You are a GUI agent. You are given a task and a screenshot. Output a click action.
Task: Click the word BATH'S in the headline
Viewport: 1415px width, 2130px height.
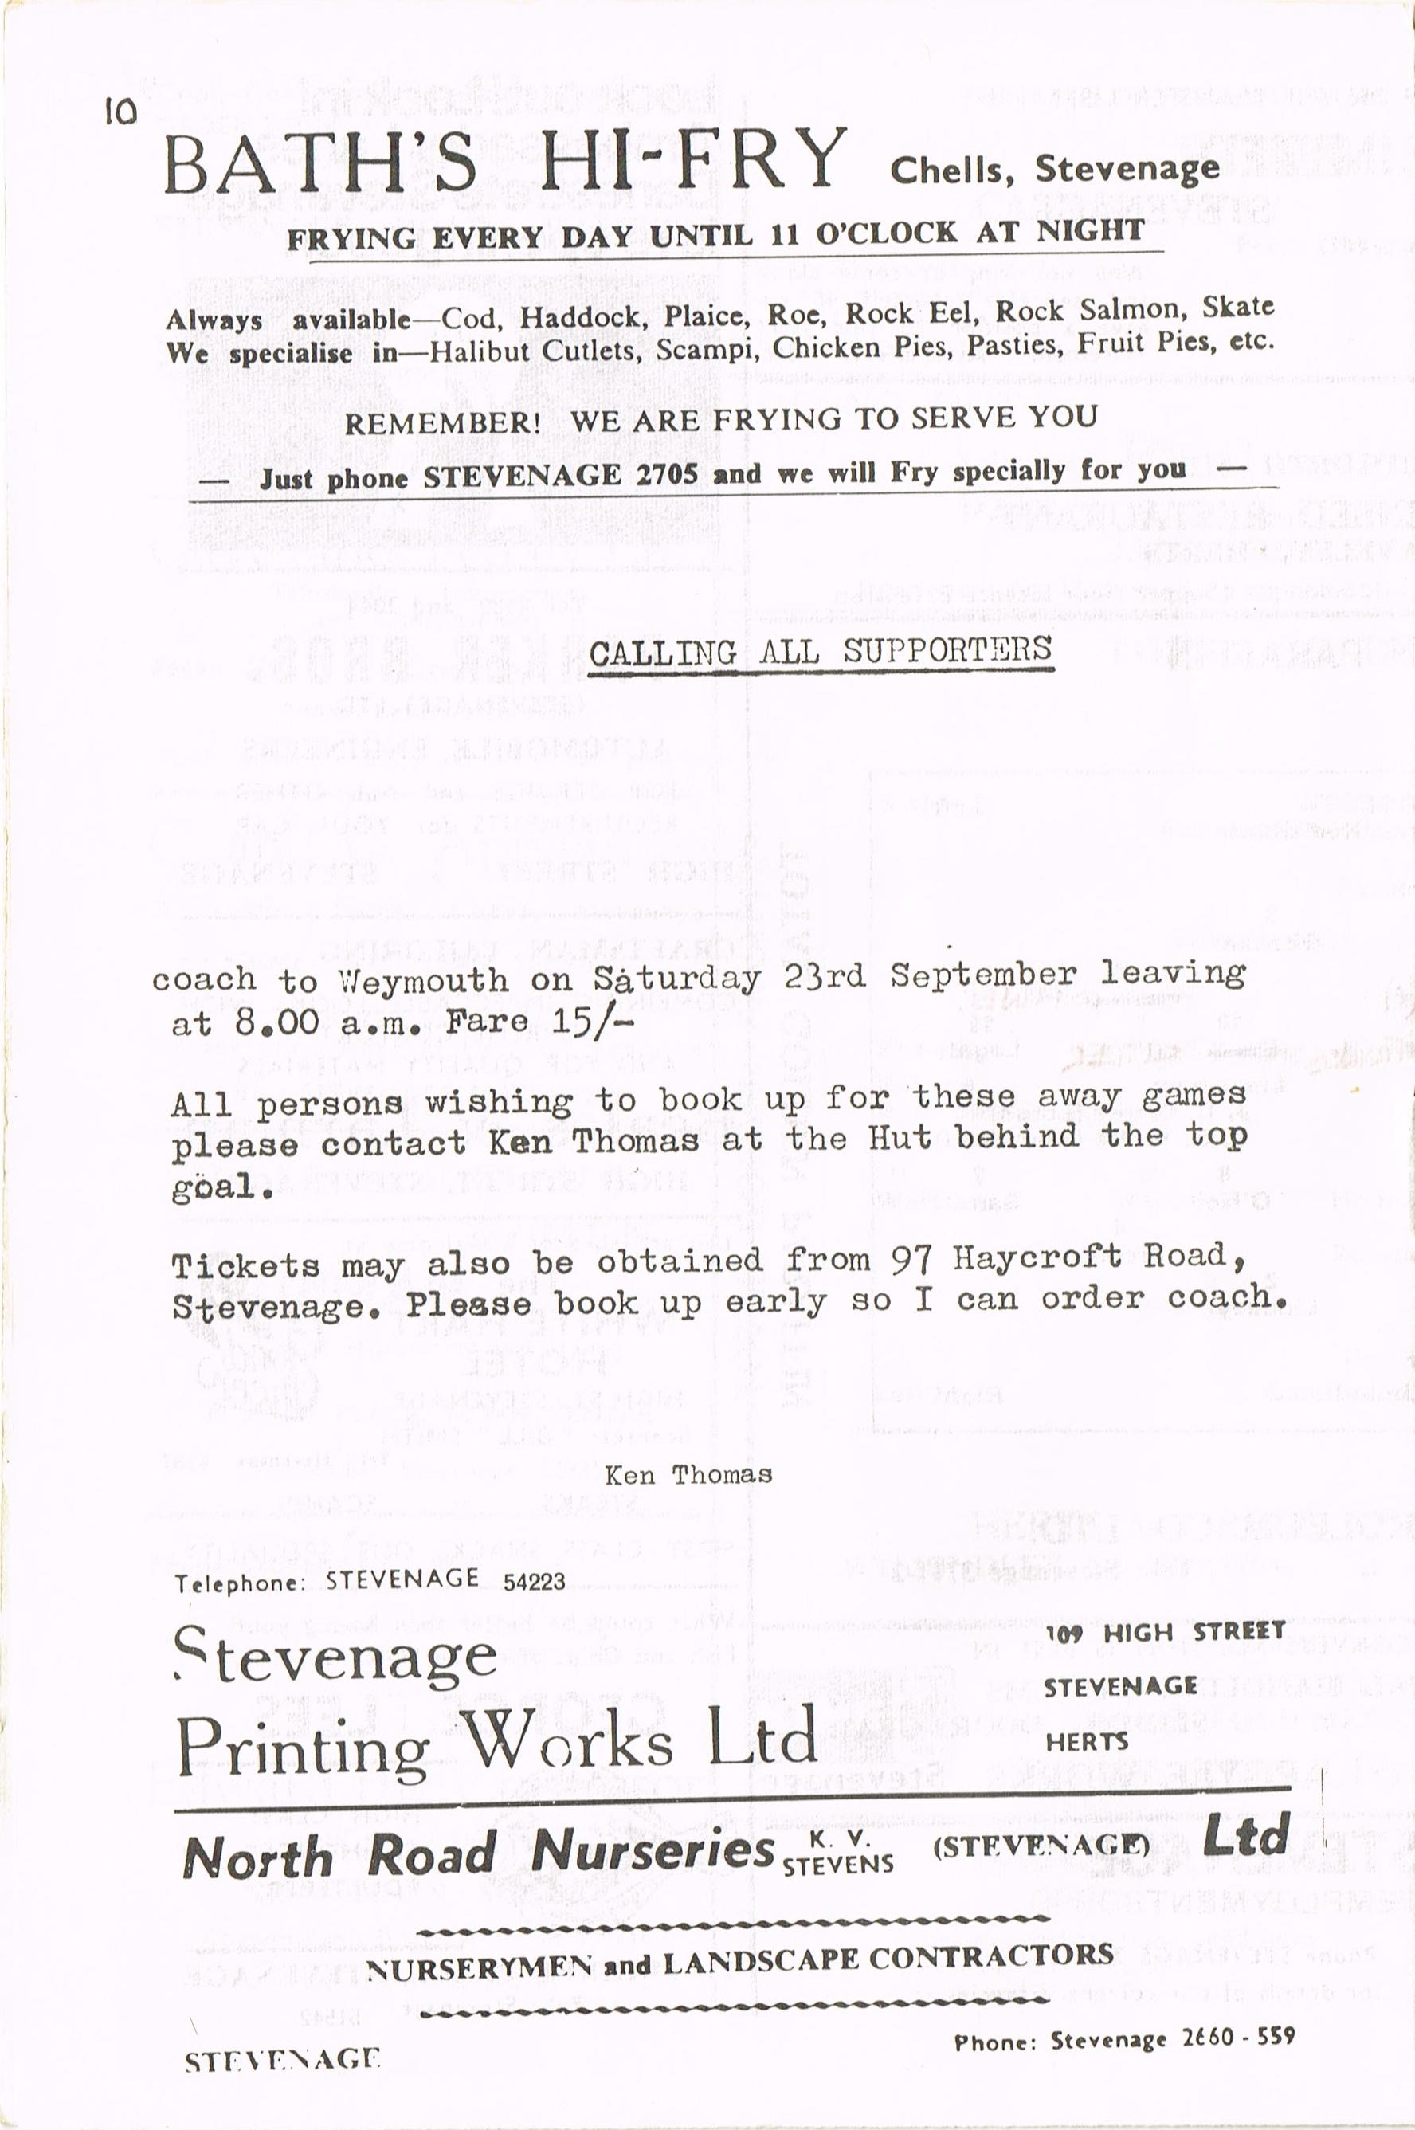click(320, 162)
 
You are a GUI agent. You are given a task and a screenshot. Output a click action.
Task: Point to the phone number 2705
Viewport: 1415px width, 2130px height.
click(667, 475)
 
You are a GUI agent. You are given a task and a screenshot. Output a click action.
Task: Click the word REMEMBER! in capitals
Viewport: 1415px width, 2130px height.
click(442, 423)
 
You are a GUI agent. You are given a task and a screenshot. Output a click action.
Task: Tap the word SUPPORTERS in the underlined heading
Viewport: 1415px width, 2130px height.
click(947, 649)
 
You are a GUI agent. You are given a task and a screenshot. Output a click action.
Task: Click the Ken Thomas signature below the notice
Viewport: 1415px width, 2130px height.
click(688, 1475)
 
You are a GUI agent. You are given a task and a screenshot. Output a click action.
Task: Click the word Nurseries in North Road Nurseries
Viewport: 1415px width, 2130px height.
click(653, 1850)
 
